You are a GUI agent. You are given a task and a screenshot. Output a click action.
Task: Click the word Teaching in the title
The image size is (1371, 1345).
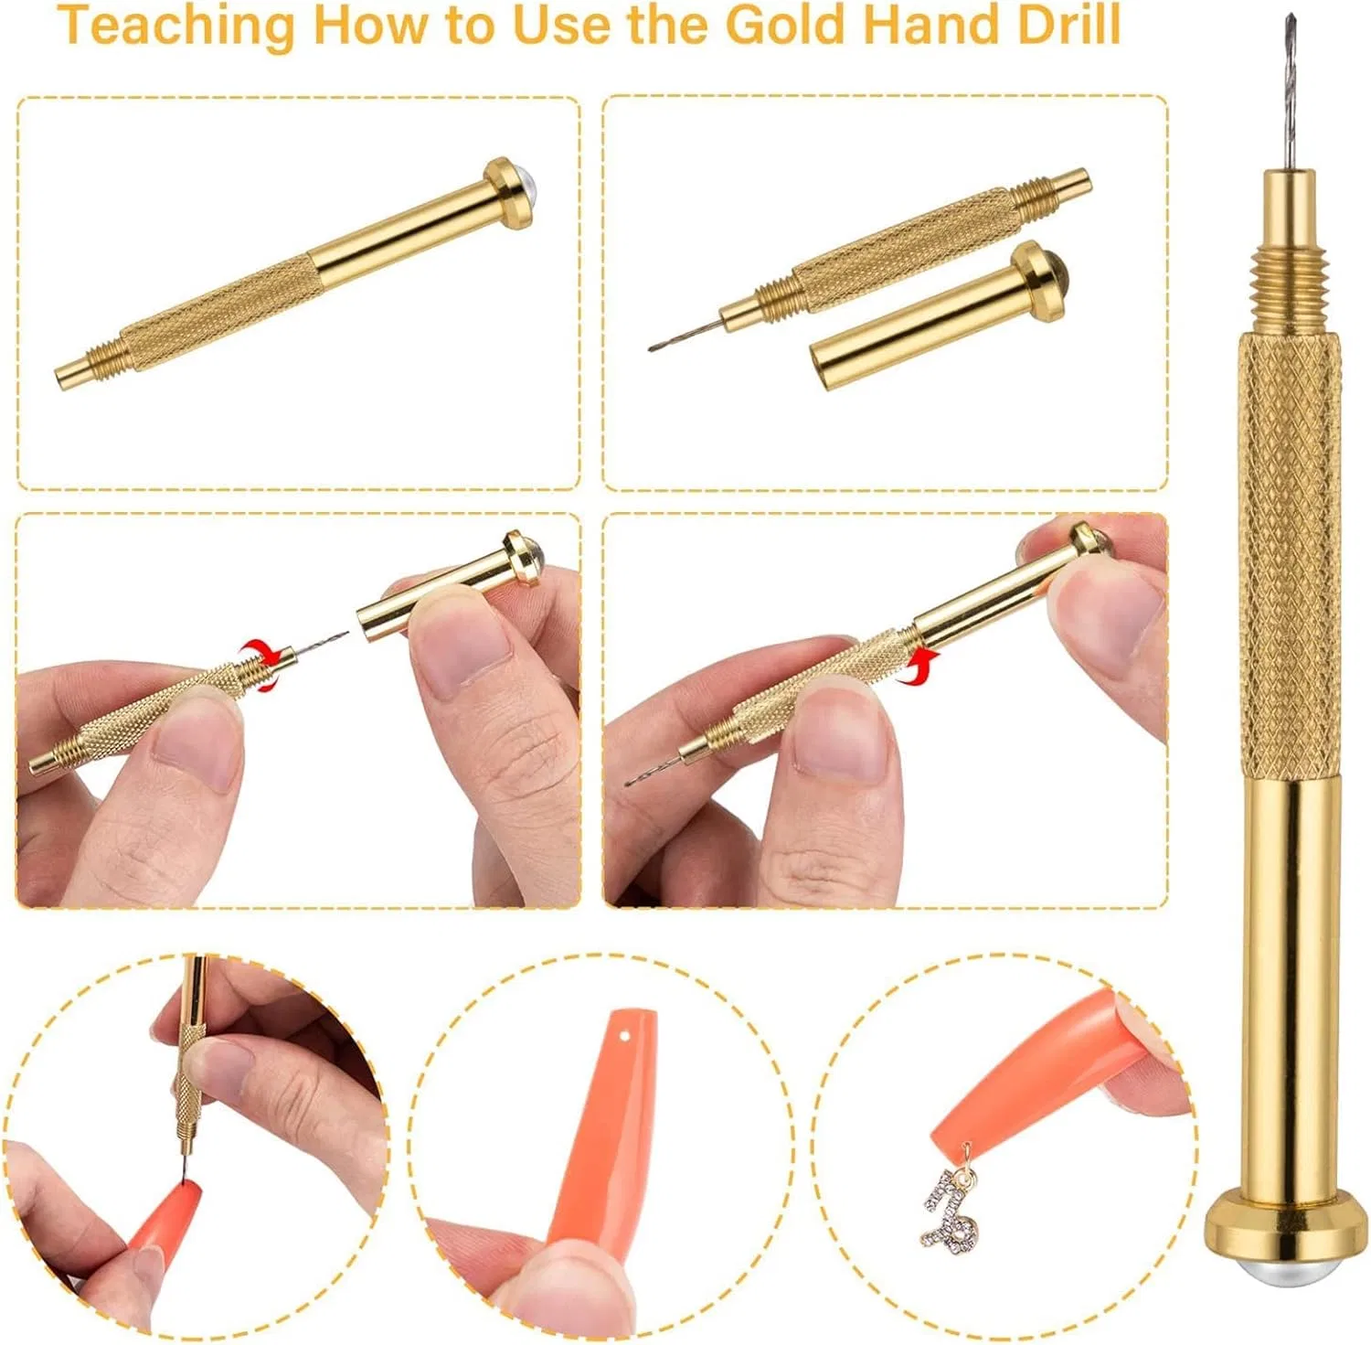click(177, 26)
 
